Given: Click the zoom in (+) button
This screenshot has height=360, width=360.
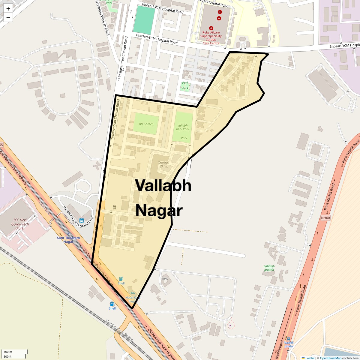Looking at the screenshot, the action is [x=8, y=9].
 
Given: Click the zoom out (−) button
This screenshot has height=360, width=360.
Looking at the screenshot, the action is [x=8, y=17].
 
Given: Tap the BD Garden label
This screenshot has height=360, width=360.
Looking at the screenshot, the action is [x=146, y=124].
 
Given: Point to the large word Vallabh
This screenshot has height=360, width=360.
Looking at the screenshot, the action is [x=163, y=185].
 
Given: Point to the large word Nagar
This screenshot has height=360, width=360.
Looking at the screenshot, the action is [x=159, y=211].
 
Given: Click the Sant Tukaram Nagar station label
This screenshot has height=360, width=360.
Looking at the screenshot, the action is [x=68, y=240].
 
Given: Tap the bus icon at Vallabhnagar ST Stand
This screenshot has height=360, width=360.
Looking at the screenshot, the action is [x=82, y=220].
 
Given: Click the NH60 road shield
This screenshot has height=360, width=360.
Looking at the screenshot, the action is [x=325, y=218].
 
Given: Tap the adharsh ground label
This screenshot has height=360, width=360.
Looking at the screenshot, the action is [x=269, y=268].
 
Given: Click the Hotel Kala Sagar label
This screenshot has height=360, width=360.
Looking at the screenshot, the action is [x=133, y=299].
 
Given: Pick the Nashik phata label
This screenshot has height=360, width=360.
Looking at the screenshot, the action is [x=289, y=344].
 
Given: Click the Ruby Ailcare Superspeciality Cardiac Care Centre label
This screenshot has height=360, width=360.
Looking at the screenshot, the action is [x=211, y=38].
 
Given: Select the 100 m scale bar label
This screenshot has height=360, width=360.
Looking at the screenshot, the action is [x=8, y=352].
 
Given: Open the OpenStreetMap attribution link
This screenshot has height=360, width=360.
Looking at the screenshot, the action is [x=330, y=358].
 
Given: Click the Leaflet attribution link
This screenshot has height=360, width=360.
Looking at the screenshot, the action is [x=310, y=358].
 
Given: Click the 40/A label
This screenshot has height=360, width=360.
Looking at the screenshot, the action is [x=164, y=279].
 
